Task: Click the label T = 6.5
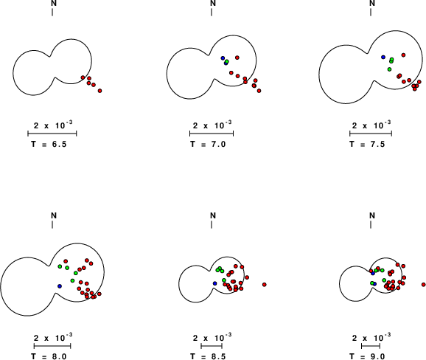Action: tap(49, 144)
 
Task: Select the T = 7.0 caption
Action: tap(208, 144)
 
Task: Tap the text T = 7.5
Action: tap(367, 144)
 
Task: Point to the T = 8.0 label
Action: tap(49, 356)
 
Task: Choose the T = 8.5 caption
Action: tap(208, 356)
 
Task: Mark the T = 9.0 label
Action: tap(367, 356)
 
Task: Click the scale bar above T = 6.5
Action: tap(52, 134)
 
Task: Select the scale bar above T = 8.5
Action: tap(212, 346)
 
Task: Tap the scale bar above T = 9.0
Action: tap(371, 346)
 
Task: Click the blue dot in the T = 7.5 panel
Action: tap(383, 57)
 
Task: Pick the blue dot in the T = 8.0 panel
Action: tap(60, 286)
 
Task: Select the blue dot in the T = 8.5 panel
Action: tap(215, 283)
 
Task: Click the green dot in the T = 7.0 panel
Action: tap(227, 61)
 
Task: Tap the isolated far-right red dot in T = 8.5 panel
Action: tap(265, 285)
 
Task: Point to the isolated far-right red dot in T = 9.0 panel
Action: tap(424, 285)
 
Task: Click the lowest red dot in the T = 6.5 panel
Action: tap(99, 91)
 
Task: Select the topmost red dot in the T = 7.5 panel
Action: tap(403, 55)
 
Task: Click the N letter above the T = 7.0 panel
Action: tap(213, 3)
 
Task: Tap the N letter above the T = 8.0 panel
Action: tap(54, 215)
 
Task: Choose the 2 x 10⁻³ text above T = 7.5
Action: tap(371, 125)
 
